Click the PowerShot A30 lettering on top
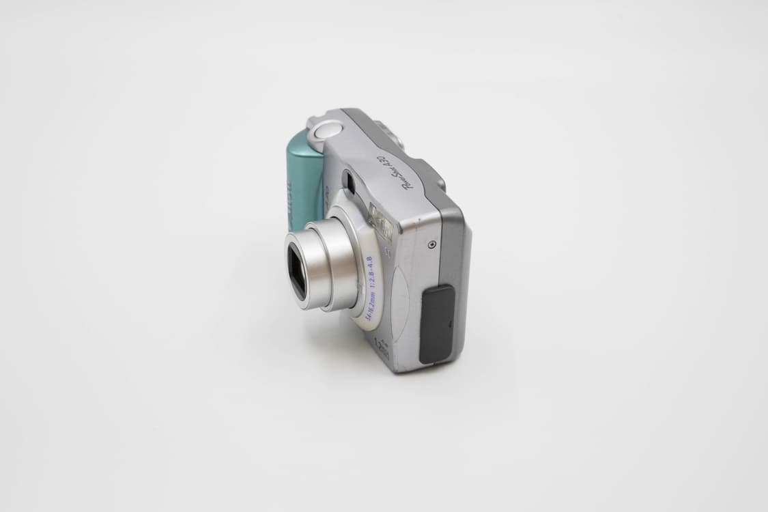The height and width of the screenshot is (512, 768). coord(394,171)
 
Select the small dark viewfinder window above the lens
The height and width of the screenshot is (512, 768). coord(347,182)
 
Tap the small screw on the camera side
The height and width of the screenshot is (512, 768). coord(431,244)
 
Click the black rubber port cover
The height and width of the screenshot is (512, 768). coord(438,324)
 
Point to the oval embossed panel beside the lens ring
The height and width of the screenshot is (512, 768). coord(400,300)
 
